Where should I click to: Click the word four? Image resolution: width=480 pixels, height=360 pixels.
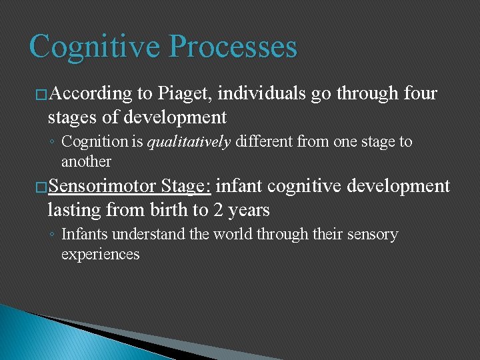point(419,94)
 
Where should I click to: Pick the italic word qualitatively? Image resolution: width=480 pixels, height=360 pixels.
point(189,142)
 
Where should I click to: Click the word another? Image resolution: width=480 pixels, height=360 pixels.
point(86,161)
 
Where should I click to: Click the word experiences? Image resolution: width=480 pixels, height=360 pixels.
point(100,254)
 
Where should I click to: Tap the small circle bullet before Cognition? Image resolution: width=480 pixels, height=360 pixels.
point(52,143)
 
